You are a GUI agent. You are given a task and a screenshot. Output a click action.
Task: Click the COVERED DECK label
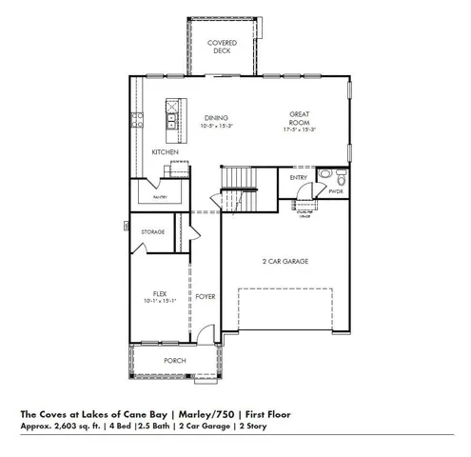click(x=222, y=48)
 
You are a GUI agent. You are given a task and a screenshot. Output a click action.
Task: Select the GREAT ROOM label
click(x=301, y=118)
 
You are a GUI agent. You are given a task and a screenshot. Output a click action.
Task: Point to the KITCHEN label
click(x=166, y=152)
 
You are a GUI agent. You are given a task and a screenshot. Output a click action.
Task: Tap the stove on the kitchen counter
click(x=136, y=120)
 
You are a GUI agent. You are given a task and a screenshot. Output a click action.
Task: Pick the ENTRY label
click(x=298, y=177)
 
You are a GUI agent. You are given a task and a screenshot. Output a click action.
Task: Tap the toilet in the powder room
click(x=325, y=176)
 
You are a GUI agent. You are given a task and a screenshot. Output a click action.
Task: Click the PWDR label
click(x=335, y=191)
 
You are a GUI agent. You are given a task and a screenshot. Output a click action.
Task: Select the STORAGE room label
click(x=152, y=232)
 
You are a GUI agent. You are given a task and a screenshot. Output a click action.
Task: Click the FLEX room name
click(x=161, y=294)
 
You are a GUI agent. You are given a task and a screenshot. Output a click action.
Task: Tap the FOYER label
click(x=206, y=296)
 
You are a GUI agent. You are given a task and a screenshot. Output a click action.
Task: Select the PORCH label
click(x=174, y=361)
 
